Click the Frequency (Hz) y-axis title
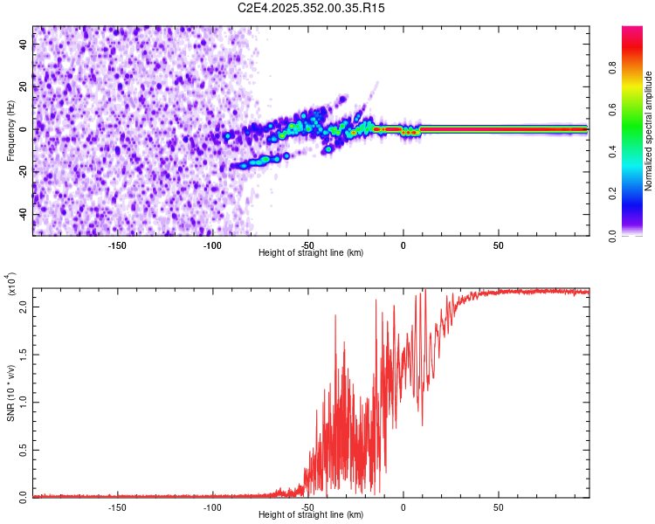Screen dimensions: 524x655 pos(10,130)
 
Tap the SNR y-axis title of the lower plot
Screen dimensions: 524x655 pos(10,392)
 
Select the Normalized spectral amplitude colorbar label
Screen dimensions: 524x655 pos(649,130)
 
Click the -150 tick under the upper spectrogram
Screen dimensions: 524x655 pos(117,245)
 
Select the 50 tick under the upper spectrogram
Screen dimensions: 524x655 pos(498,245)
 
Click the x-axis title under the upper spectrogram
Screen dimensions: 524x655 pos(311,253)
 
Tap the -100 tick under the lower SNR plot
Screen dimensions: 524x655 pos(212,507)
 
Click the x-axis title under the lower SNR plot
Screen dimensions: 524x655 pos(311,516)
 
